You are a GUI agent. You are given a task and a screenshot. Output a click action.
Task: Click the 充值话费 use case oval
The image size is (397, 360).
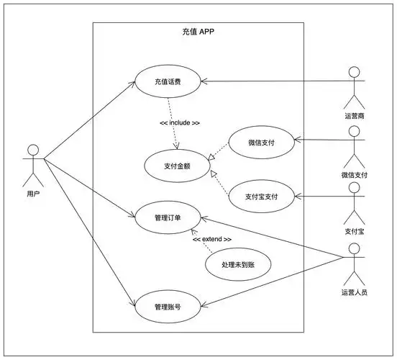tap(168, 81)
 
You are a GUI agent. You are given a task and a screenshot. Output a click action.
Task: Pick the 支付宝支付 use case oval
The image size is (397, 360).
tap(261, 196)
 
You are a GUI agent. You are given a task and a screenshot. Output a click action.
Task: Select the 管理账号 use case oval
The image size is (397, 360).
tap(168, 306)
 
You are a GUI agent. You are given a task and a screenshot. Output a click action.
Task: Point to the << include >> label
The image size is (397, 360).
tap(180, 123)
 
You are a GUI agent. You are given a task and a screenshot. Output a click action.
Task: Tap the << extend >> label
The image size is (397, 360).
tap(211, 239)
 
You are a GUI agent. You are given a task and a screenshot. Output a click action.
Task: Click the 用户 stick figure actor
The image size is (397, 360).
tap(32, 164)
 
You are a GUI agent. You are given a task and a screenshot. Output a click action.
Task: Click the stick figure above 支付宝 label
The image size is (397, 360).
tap(353, 201)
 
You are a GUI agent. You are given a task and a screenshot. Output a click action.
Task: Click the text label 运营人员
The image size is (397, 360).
tap(354, 292)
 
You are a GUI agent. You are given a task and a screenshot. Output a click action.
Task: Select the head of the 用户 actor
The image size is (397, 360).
tap(32, 150)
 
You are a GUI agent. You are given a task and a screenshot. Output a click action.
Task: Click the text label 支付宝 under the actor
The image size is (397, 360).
tap(353, 231)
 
